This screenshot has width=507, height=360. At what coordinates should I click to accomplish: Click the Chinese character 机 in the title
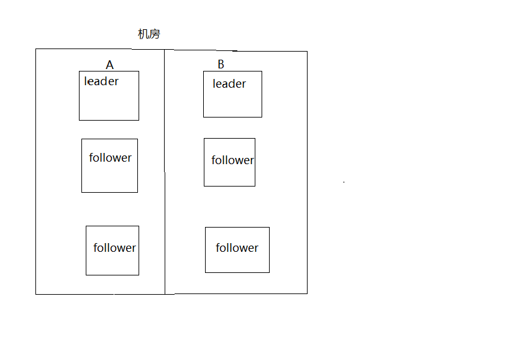click(144, 34)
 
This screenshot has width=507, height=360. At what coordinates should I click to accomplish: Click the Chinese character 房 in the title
click(155, 34)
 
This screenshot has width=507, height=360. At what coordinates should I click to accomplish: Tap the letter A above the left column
click(109, 65)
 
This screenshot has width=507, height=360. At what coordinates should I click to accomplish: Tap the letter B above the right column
click(221, 65)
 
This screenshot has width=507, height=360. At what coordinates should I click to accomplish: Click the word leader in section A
click(101, 81)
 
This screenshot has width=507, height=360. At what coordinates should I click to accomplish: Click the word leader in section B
click(229, 84)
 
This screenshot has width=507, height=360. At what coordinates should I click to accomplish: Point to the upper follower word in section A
click(110, 157)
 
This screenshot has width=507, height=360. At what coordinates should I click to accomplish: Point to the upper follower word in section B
click(232, 160)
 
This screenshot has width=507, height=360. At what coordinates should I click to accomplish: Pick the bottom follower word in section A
click(114, 247)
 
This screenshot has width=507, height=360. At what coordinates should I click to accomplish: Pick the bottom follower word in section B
click(237, 247)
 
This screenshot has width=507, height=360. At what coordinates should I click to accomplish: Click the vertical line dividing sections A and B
click(165, 172)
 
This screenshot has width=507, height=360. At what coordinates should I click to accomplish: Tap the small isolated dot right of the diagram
click(344, 182)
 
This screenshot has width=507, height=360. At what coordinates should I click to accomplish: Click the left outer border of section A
click(35, 172)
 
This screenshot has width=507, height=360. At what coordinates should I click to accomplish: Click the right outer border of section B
click(307, 172)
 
